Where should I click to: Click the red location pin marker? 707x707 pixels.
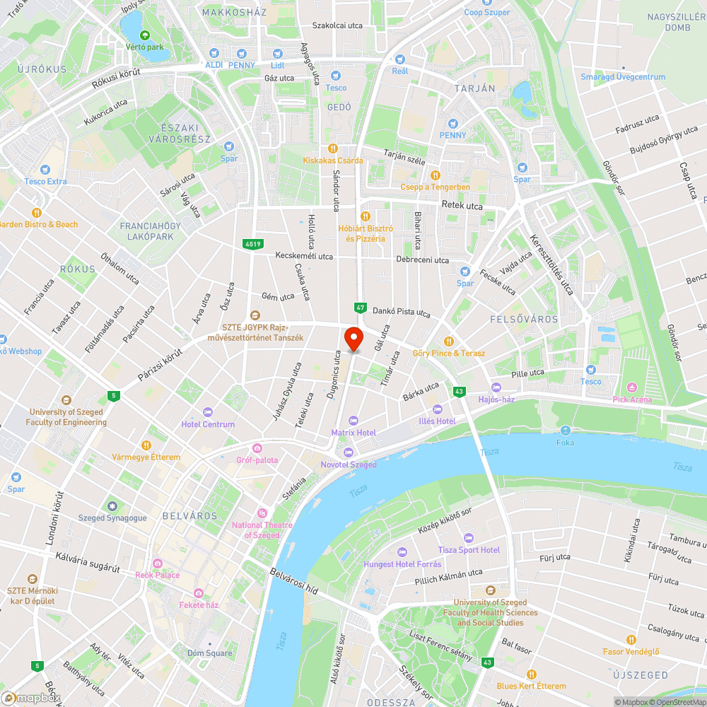coord(353,339)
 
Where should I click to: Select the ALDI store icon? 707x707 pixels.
coord(214,54)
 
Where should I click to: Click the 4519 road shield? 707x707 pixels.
coord(252,244)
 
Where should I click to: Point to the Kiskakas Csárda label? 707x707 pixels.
coord(333,160)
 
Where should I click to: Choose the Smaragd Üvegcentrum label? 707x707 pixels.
coord(622,77)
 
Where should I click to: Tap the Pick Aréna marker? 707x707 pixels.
coord(632,387)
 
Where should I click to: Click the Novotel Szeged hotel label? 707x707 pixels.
coord(348,464)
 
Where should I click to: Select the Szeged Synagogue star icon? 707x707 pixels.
coord(112,506)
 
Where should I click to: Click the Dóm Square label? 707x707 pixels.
coord(209,653)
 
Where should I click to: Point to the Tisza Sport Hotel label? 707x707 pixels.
coord(469,550)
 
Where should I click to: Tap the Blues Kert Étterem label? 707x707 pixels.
coord(531,686)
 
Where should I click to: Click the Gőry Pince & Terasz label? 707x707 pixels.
coord(449,353)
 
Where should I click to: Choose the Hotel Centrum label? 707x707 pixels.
coord(208,424)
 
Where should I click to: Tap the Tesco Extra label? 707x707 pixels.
coord(45,182)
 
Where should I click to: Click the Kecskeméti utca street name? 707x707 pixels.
coord(304,256)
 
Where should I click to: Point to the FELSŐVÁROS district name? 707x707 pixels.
coord(524,320)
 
